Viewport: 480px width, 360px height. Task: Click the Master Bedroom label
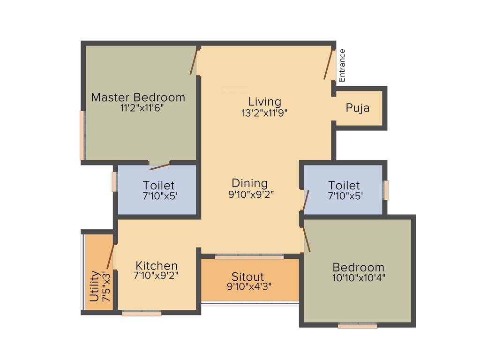(138, 97)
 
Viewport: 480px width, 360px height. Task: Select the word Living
(264, 101)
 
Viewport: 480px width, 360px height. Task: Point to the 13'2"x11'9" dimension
(264, 112)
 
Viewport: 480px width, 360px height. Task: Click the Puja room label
(358, 108)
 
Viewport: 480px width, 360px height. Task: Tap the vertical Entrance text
(342, 66)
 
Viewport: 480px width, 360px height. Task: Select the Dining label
(250, 183)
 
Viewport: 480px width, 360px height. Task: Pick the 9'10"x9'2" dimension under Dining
(251, 195)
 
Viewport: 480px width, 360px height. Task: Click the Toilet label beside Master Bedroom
(159, 186)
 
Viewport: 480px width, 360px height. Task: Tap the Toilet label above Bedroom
(344, 185)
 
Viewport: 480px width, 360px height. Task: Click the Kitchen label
(157, 266)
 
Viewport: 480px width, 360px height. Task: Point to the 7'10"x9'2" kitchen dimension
(157, 277)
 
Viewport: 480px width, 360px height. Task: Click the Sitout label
(248, 277)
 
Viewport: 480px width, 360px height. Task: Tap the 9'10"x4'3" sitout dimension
(249, 286)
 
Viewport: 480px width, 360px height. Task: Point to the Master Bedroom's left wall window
(82, 135)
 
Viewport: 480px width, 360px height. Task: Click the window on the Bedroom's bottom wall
(357, 325)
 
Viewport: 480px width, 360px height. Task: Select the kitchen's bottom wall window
(142, 313)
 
